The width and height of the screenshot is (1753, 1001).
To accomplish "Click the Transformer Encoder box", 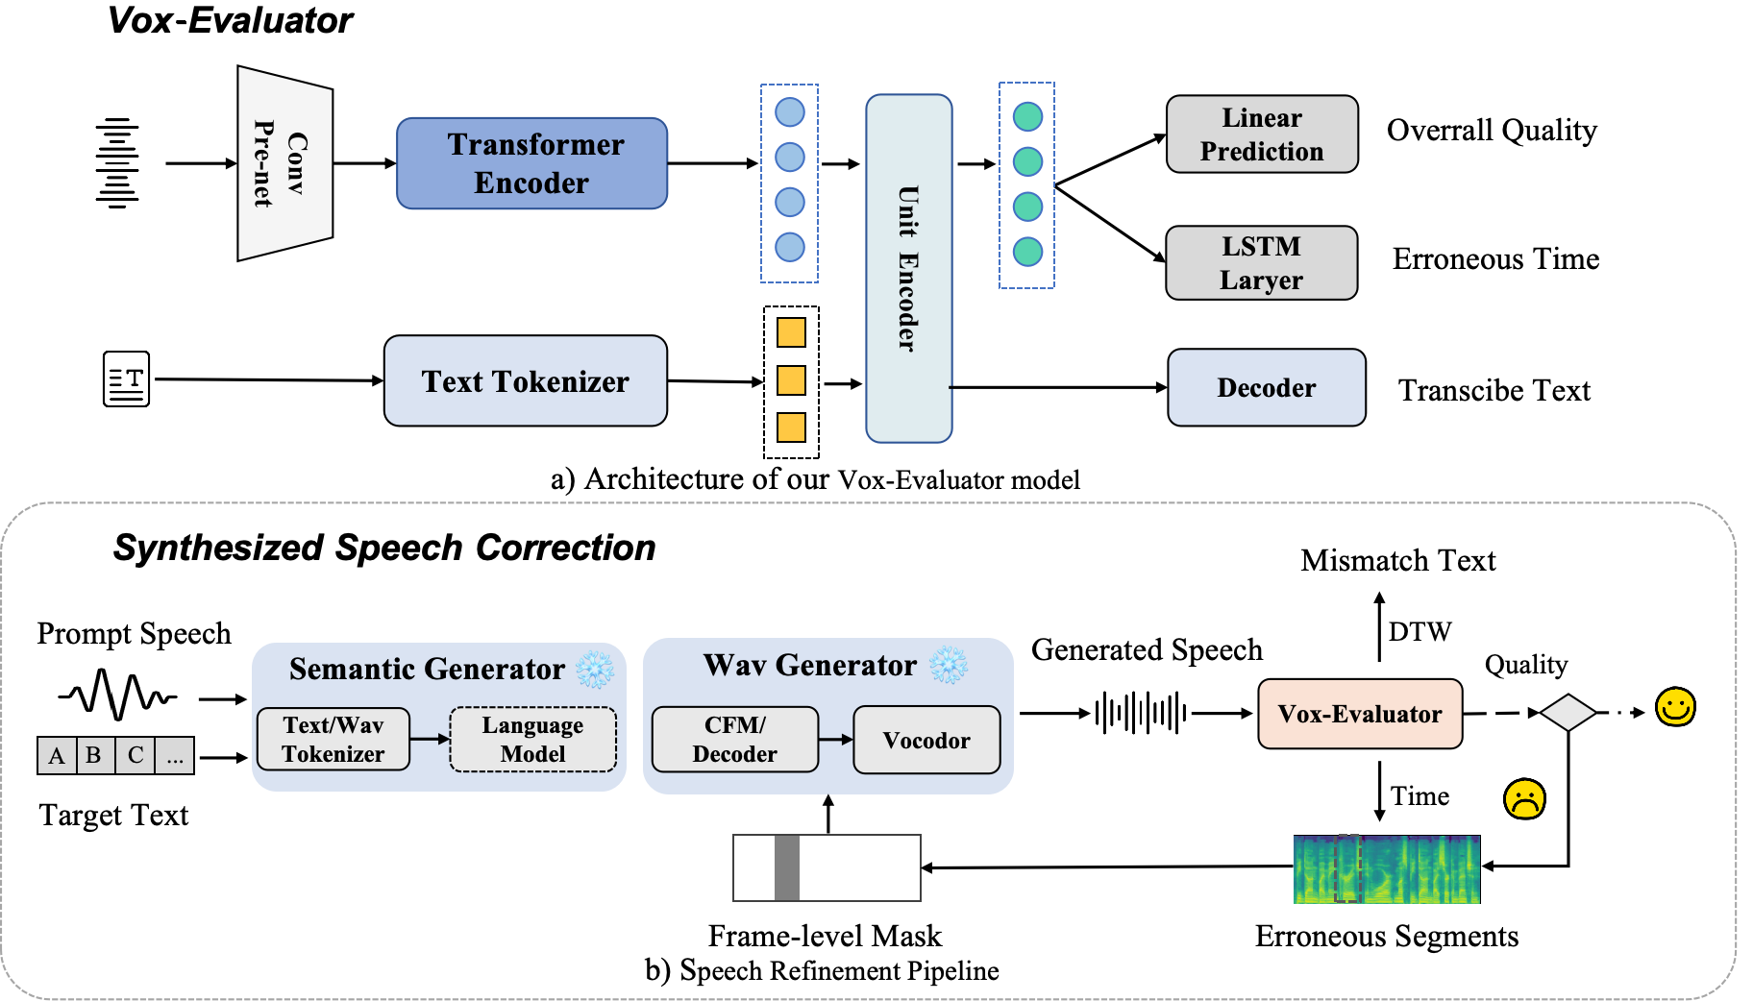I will coord(531,163).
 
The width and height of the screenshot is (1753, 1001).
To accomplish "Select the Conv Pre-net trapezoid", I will coord(284,163).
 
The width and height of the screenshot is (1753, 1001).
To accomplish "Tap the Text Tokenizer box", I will coord(525,380).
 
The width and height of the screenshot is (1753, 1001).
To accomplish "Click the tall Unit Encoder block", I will coord(908,268).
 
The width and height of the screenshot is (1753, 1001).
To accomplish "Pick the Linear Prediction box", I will coord(1261,134).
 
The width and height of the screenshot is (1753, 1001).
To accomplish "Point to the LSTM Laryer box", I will coord(1261,263).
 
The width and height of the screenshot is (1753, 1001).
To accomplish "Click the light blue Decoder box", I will coord(1266,387).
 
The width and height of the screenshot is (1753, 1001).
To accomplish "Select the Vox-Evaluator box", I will coord(1359,714).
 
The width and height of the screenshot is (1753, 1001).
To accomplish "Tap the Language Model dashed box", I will coord(532,739).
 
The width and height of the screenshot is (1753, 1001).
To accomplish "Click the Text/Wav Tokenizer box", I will coord(333,739).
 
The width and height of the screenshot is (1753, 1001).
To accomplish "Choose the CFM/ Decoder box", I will coord(734,739).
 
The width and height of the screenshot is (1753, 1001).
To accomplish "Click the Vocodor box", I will coord(926,740).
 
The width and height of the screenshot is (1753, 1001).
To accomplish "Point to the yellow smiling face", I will coord(1675,707).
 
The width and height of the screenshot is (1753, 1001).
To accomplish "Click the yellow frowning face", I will coord(1524,798).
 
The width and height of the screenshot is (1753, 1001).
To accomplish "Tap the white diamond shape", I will coord(1568,713).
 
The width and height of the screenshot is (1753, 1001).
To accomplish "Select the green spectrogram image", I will coord(1387,867).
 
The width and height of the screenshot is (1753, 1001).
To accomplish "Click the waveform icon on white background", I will coord(111,689).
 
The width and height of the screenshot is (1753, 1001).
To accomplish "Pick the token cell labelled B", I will coord(94,755).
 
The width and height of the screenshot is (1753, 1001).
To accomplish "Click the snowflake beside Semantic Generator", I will coord(595,670).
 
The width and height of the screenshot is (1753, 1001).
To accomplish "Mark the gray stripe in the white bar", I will coord(786,867).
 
